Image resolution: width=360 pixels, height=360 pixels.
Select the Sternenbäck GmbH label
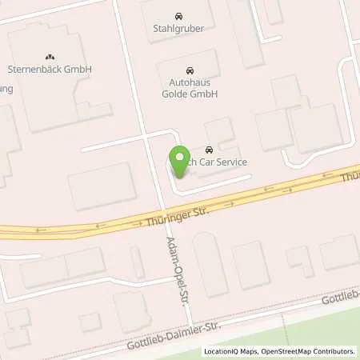pos(50,70)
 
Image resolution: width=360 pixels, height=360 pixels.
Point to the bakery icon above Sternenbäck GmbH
pos(50,57)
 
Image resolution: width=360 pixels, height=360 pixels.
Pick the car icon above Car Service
pos(209,150)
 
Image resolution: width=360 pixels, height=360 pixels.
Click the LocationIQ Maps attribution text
pos(229,351)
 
